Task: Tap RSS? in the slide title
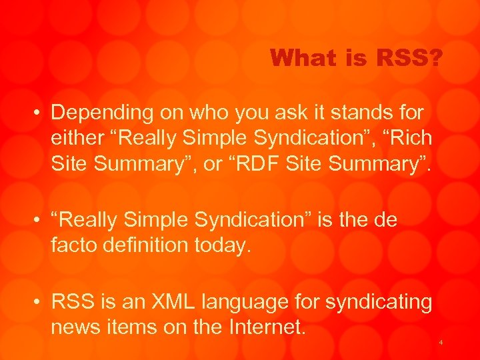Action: (x=409, y=59)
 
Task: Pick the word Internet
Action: (x=266, y=327)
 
